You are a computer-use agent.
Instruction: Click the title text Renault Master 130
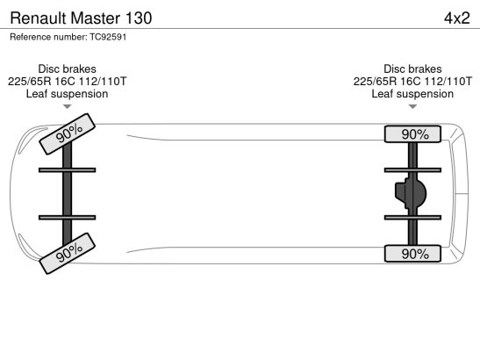(x=81, y=18)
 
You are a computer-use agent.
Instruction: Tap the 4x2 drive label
(x=457, y=18)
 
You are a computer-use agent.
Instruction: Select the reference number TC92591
(x=108, y=37)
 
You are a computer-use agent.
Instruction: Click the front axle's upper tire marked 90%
(x=68, y=133)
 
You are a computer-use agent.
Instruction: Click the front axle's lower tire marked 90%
(x=68, y=254)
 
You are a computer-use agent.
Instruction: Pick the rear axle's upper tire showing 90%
(x=412, y=133)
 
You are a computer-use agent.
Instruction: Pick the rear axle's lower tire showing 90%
(x=412, y=254)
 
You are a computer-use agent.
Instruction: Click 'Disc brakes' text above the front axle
(x=67, y=68)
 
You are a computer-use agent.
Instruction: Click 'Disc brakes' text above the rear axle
(x=412, y=68)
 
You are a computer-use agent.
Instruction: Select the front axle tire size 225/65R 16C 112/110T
(x=67, y=81)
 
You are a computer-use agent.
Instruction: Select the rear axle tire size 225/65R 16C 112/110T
(x=412, y=81)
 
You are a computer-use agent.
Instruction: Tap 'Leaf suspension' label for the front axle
(x=67, y=94)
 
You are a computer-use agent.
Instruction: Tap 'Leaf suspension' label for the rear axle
(x=412, y=94)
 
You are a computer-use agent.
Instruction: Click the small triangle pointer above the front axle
(x=67, y=106)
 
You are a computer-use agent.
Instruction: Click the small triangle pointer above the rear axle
(x=412, y=106)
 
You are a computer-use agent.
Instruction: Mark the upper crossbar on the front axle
(x=67, y=170)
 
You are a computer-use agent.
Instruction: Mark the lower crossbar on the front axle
(x=67, y=218)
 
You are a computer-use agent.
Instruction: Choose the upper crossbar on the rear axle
(x=412, y=170)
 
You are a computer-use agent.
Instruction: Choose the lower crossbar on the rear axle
(x=412, y=218)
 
